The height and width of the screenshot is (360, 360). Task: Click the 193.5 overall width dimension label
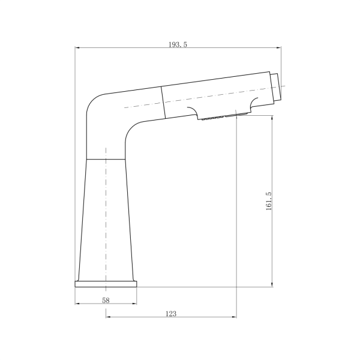(178, 44)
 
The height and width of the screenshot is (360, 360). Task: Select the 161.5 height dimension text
(269, 201)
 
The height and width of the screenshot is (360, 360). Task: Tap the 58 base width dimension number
(106, 301)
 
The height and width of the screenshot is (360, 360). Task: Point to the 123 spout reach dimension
(171, 314)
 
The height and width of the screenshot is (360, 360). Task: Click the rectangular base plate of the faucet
(106, 284)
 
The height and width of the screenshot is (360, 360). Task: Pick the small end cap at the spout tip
(276, 88)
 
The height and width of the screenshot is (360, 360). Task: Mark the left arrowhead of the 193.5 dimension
(77, 48)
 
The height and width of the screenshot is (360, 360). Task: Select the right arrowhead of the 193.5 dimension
(278, 48)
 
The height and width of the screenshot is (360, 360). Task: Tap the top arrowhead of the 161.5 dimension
(272, 118)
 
